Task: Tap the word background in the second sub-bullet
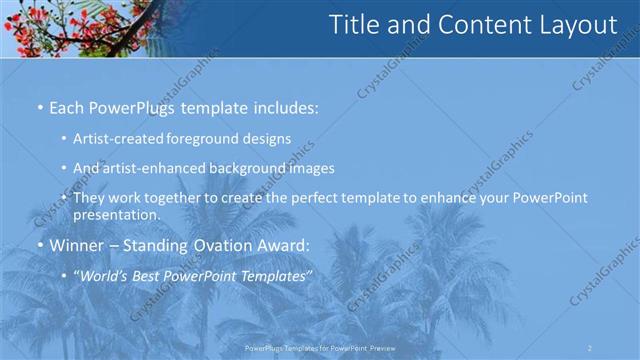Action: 256,168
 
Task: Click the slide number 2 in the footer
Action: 590,347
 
